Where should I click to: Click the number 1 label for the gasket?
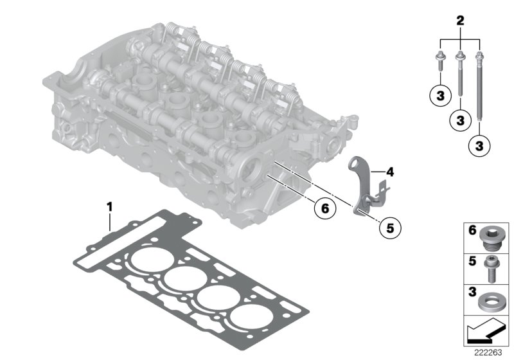tap(109, 206)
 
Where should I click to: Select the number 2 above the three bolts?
tap(459, 21)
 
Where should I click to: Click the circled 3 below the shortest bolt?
tap(438, 96)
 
